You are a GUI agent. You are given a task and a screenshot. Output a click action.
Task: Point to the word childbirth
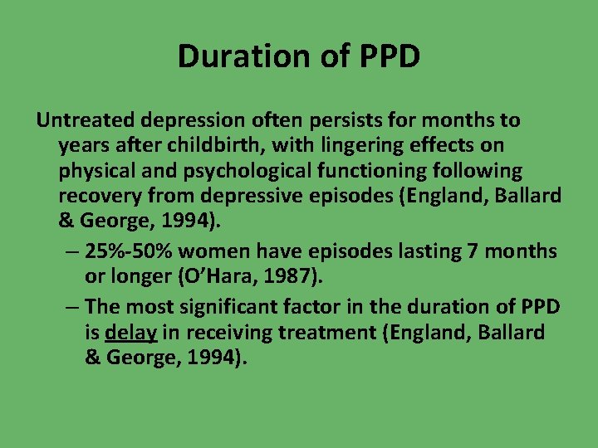click(213, 146)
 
